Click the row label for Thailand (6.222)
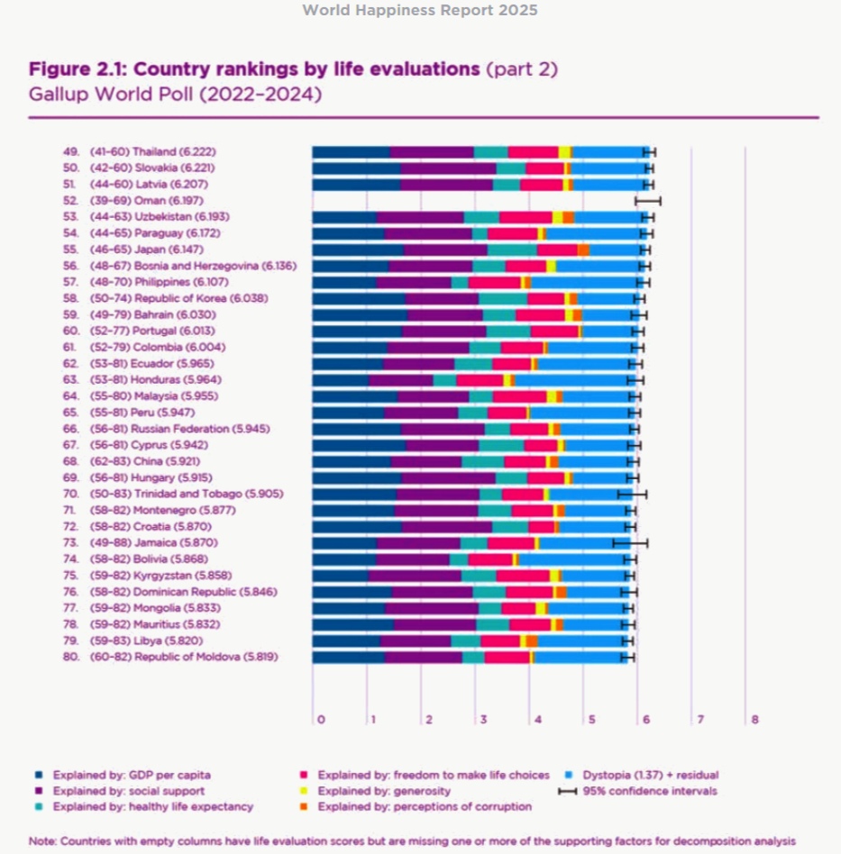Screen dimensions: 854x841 (x=152, y=152)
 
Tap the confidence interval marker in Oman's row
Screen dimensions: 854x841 (x=648, y=201)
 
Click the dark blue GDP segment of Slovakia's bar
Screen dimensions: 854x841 (x=356, y=168)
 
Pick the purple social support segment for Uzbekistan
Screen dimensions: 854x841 (x=420, y=217)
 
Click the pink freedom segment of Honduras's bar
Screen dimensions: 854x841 (x=480, y=380)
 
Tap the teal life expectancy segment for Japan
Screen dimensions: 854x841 (x=512, y=250)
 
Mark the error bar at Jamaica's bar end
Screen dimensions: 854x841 (x=630, y=543)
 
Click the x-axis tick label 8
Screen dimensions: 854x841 (x=755, y=720)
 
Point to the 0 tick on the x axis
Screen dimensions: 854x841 (x=319, y=720)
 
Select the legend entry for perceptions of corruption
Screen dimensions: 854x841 (x=425, y=807)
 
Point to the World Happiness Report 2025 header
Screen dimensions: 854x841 (x=419, y=11)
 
